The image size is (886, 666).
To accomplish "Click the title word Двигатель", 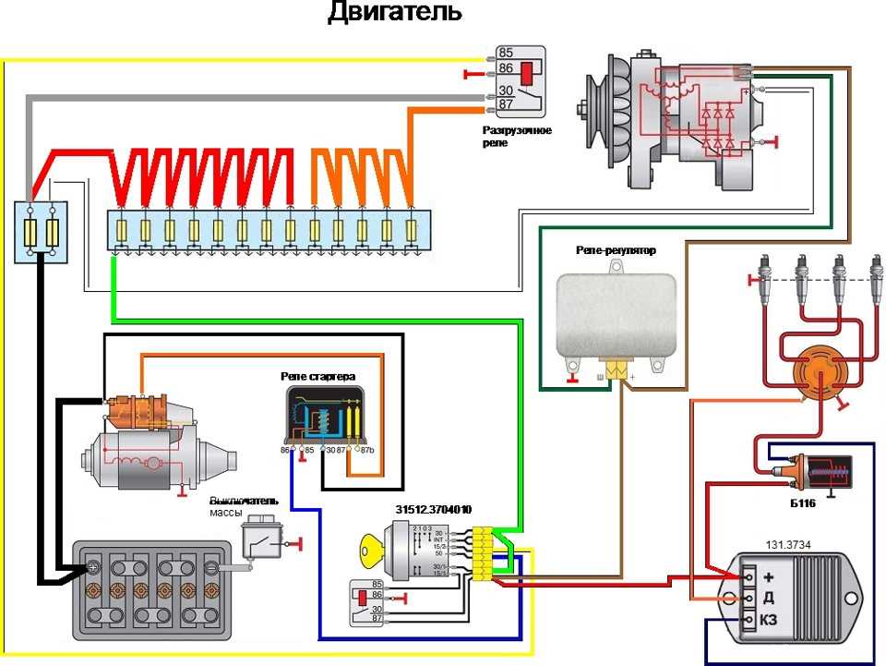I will point(395,14).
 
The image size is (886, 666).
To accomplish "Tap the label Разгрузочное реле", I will point(517,137).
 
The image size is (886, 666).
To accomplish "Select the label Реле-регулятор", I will point(614,250).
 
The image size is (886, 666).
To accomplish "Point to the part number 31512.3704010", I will point(434,510).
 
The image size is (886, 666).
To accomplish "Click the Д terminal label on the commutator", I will point(768,598).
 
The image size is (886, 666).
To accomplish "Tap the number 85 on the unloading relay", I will point(505,53).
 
